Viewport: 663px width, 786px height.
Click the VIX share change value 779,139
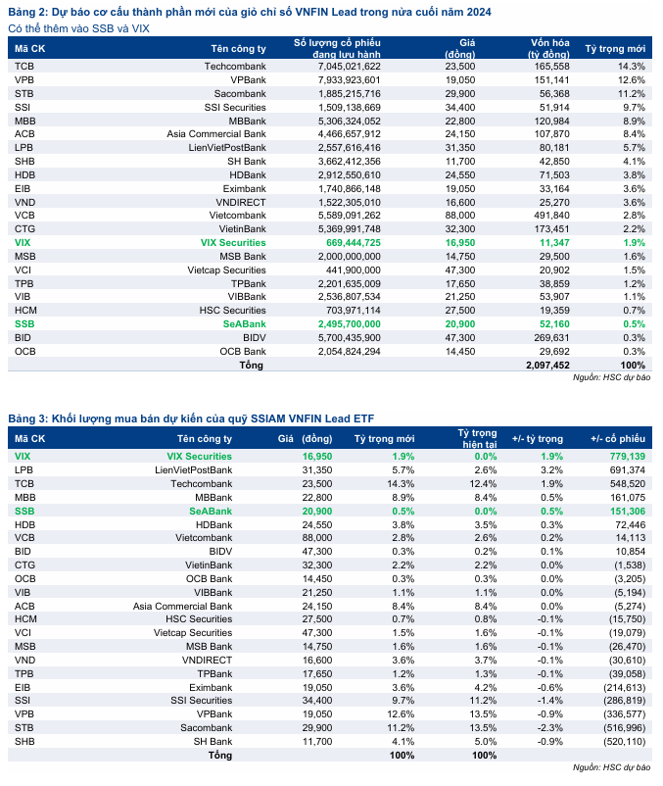tap(619, 456)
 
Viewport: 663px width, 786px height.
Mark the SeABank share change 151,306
tap(619, 511)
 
